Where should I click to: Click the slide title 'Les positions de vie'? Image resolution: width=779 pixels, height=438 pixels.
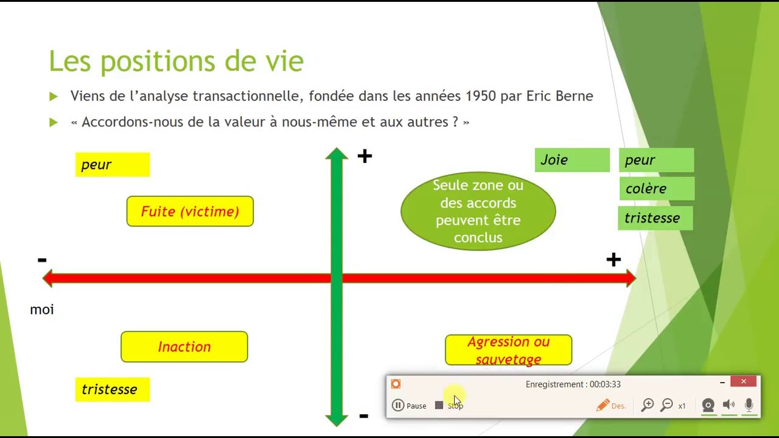point(176,61)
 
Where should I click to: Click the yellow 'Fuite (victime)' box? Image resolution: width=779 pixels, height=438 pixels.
point(190,212)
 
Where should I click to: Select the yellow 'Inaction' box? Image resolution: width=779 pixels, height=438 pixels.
point(184,347)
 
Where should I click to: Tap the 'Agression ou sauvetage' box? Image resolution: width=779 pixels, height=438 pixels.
point(508,350)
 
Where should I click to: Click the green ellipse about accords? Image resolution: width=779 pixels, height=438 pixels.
point(478,211)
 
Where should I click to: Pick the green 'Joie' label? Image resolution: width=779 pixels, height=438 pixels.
point(572,160)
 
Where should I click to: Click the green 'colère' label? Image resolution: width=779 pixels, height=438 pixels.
point(656,189)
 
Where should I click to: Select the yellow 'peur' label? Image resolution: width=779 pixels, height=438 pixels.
point(113,165)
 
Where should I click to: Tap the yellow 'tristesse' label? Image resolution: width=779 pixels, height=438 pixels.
point(113,389)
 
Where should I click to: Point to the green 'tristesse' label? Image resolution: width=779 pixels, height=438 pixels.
point(655,218)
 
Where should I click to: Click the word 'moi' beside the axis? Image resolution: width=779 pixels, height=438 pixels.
point(42,310)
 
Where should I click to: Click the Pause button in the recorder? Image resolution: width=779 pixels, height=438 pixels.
point(409,406)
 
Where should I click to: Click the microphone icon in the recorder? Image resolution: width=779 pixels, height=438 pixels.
point(749,405)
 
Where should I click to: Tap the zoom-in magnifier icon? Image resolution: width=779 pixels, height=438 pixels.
point(647,405)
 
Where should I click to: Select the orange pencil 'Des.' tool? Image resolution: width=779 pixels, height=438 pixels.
point(610,406)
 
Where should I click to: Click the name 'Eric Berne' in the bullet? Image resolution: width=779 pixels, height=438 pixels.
point(559,96)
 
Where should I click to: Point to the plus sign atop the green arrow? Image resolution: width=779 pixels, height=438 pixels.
point(365,157)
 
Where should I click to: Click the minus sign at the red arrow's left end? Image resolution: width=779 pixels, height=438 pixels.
point(42,260)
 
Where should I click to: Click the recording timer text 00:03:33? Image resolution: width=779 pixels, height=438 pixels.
point(604,384)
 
